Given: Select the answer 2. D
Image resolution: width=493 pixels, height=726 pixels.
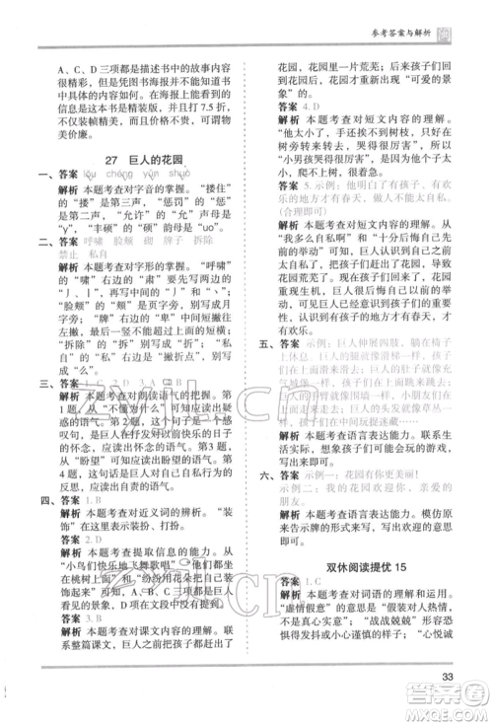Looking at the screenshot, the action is [x=92, y=540].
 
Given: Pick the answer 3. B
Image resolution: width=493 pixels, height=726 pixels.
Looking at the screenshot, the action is [x=91, y=608].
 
